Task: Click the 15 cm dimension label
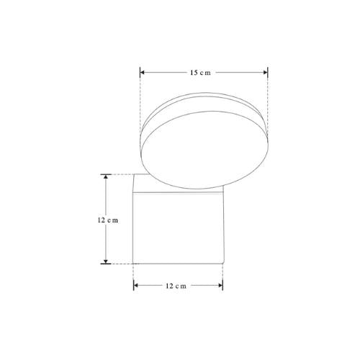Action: coord(200,73)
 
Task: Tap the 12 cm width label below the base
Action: coord(176,286)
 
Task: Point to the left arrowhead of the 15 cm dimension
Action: coord(143,73)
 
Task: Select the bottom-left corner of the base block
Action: coord(134,263)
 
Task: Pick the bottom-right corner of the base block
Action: coord(222,263)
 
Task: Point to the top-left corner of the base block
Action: coord(134,175)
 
